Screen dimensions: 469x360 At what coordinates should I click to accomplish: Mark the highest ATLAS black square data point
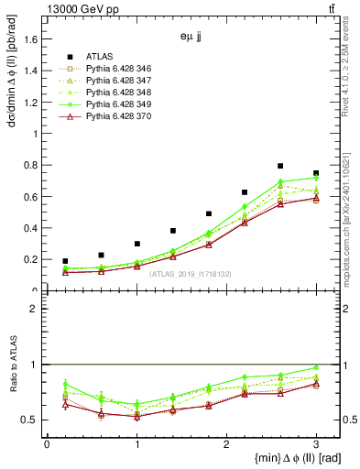tap(280, 166)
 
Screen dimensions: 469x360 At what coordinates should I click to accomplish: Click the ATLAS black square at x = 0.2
tap(65, 261)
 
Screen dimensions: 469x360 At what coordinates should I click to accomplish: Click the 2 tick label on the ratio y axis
tap(35, 310)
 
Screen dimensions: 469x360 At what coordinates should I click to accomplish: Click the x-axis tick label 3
tap(316, 442)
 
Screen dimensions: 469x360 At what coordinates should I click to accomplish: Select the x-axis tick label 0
tap(47, 442)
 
